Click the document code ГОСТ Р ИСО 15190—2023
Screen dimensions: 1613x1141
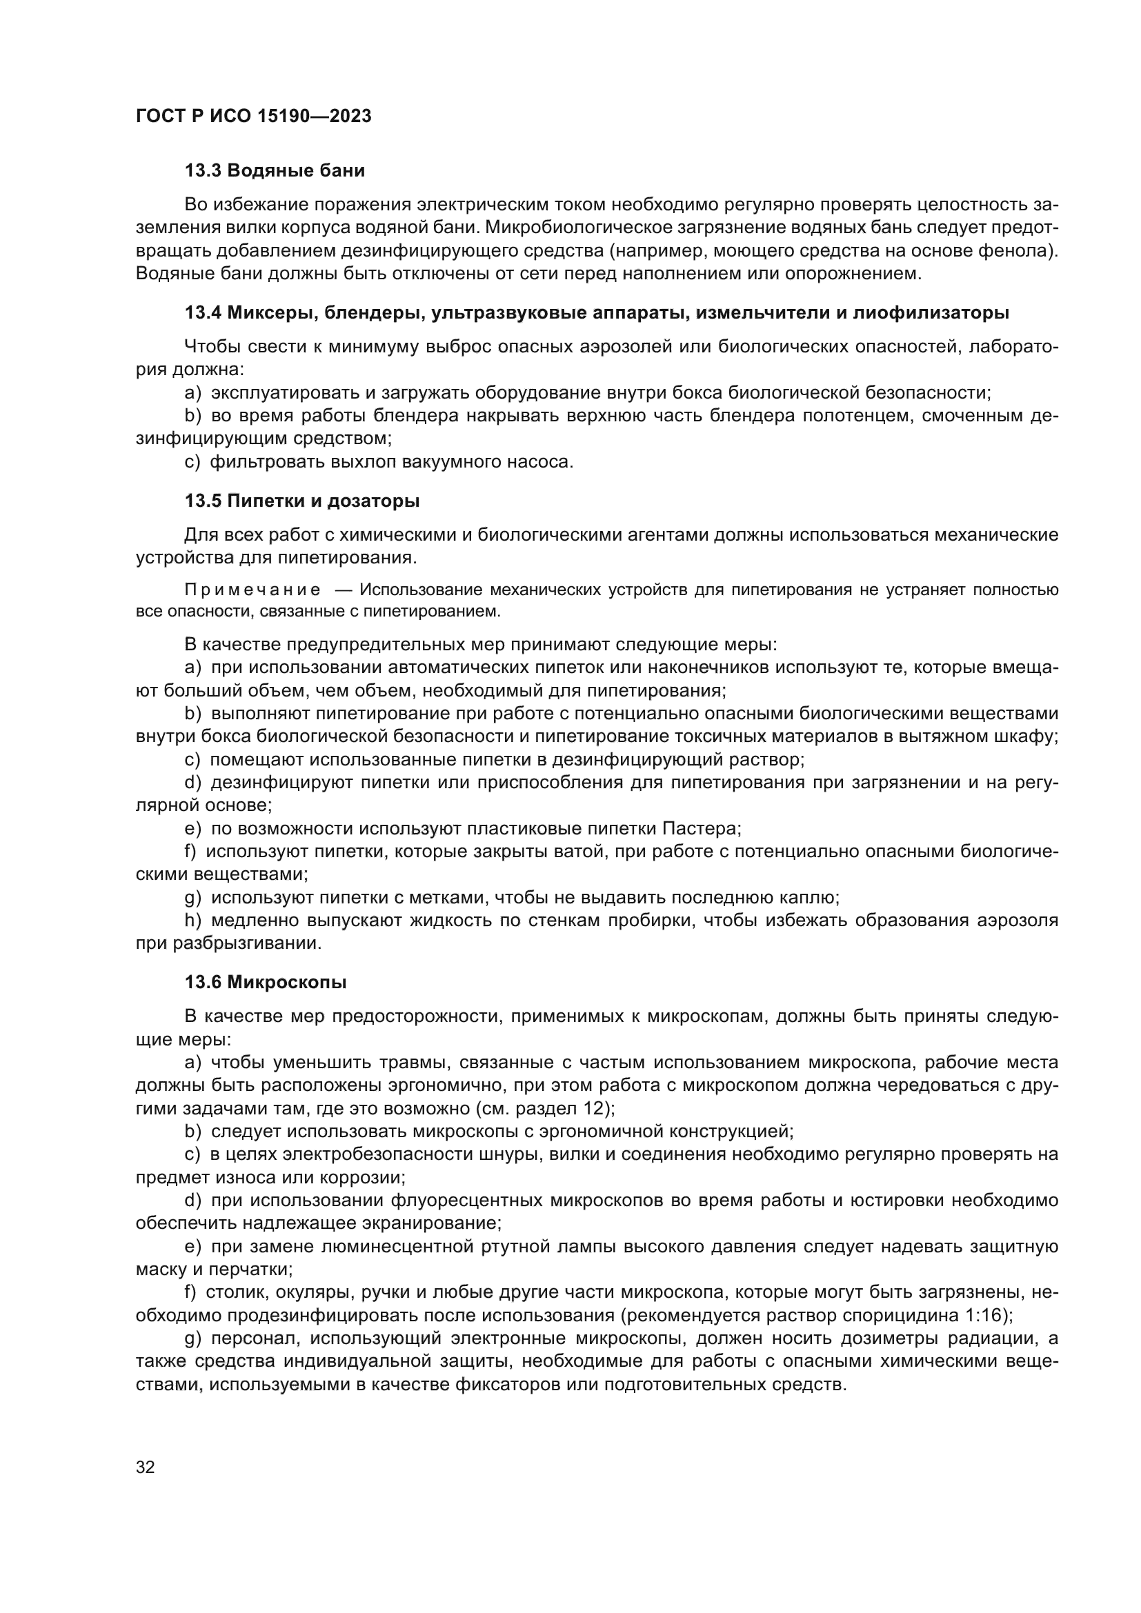point(254,117)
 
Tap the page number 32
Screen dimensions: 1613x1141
point(146,1467)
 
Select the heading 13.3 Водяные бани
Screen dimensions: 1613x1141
point(275,171)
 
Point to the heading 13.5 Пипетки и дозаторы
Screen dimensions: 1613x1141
point(302,501)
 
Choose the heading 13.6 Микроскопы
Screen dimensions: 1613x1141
point(266,982)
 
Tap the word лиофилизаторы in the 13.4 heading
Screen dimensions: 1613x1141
point(931,313)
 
